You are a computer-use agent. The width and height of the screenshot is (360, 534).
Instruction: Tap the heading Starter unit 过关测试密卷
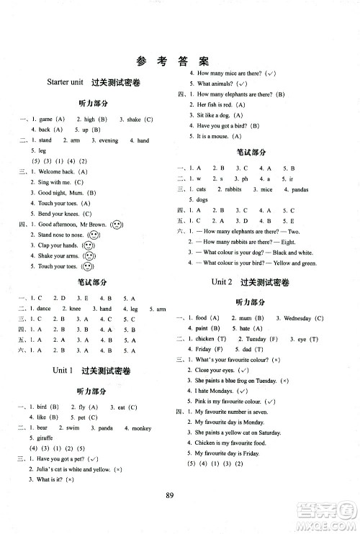pos(92,83)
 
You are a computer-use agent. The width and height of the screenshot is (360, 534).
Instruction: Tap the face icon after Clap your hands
pos(89,245)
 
